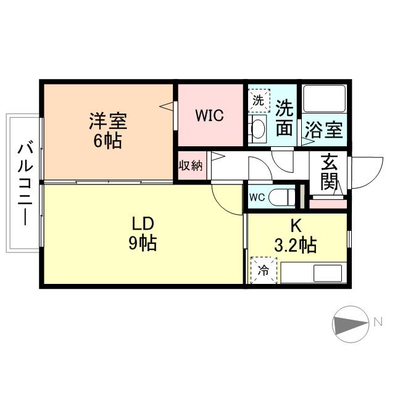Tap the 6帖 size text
pos(107,141)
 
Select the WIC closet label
pos(210,115)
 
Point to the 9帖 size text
pos(142,243)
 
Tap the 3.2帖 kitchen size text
pos(296,246)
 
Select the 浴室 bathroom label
pos(324,130)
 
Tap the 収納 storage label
pos(190,166)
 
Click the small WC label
pos(257,197)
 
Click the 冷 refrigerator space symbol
pos(264,270)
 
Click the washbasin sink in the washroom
pos(259,129)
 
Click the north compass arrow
pos(351,323)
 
